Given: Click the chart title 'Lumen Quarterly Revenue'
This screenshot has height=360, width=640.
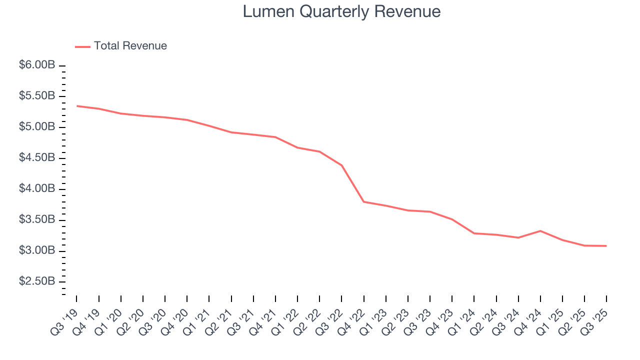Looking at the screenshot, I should tap(341, 11).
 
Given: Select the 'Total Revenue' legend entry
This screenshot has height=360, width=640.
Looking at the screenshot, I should tap(130, 46).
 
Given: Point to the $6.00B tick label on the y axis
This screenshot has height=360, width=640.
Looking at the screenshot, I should tap(37, 65).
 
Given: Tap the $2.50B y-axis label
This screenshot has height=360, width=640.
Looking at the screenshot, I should tap(37, 281).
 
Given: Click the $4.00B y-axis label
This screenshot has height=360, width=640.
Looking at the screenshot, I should tap(37, 189).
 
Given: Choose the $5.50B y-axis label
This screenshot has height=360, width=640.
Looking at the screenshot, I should tap(37, 96).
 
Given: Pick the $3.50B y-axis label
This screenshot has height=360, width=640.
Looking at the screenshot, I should tap(37, 220).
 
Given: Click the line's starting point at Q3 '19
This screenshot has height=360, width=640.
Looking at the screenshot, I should tap(77, 106).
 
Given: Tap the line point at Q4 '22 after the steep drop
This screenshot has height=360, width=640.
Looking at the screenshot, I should tap(364, 201).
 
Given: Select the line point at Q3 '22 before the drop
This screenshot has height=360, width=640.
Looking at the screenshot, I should tap(342, 165).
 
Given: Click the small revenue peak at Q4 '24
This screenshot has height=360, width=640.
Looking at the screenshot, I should tap(540, 231).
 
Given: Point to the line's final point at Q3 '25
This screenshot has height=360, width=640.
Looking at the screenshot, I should tap(606, 246).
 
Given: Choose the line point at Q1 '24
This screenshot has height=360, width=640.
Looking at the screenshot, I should tap(474, 233).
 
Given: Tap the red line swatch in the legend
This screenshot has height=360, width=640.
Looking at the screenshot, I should tap(82, 46).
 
